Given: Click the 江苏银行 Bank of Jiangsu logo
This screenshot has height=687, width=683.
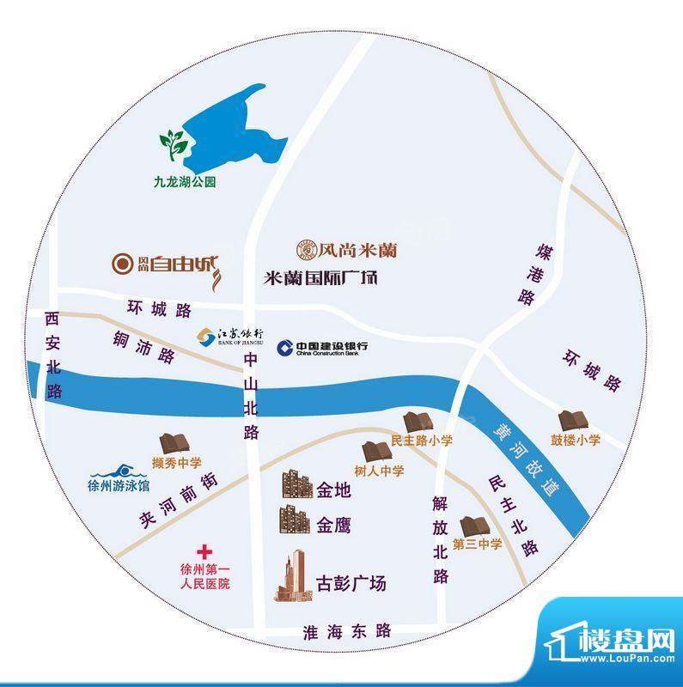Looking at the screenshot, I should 230,336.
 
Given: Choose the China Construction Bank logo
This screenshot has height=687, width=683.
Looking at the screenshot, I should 322,347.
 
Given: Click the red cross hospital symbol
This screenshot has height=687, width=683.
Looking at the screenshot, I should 204,551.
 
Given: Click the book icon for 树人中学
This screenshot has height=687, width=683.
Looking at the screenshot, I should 375,449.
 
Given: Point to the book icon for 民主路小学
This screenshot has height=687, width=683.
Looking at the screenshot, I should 420,422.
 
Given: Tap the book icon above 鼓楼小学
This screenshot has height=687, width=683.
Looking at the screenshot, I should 570,421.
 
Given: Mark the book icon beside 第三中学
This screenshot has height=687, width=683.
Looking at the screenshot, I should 474,525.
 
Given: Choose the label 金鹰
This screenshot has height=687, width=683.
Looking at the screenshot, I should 333,525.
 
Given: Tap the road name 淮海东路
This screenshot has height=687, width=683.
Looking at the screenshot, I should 347,631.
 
